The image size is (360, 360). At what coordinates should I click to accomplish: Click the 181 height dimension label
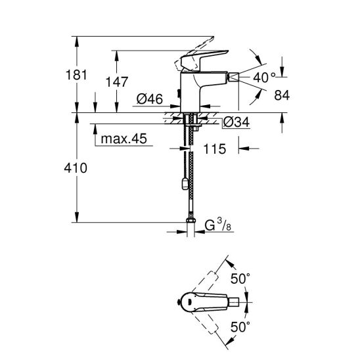click(76, 75)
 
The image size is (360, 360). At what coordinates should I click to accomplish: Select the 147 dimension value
click(117, 81)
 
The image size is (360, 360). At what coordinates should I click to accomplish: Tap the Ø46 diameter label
click(150, 99)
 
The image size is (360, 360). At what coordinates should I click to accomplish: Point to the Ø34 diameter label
click(236, 122)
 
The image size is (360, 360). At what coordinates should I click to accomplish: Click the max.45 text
click(124, 139)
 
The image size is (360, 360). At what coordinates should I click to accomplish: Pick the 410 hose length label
click(76, 168)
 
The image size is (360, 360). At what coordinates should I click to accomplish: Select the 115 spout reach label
click(215, 149)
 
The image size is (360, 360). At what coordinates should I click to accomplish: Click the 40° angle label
click(264, 78)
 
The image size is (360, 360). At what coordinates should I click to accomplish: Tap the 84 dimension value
click(282, 95)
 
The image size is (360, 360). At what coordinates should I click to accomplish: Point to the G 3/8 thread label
click(218, 225)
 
